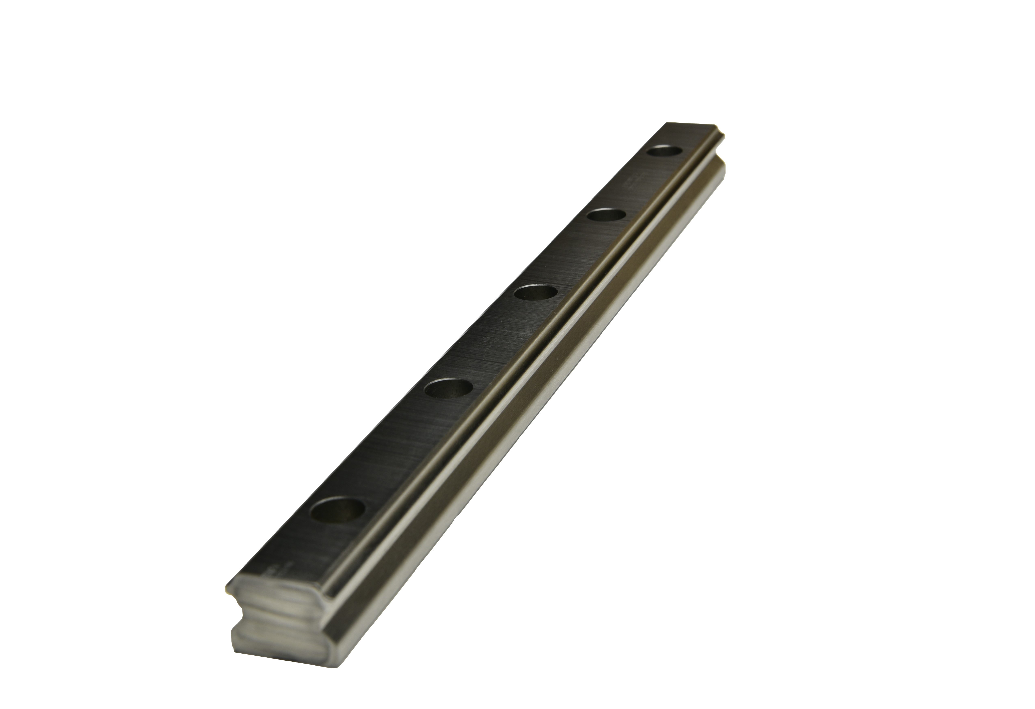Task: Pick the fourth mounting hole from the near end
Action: [607, 216]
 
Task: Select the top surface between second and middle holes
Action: [492, 341]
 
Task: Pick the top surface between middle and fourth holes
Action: [572, 254]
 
